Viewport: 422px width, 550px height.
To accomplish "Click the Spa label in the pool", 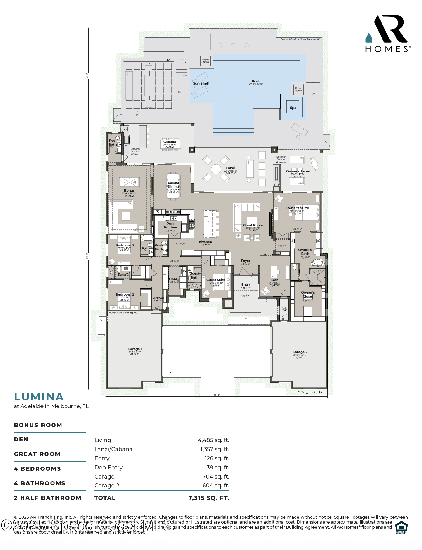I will (293, 108).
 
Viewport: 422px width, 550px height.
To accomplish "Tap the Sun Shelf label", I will (201, 83).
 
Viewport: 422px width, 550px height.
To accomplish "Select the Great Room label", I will (253, 225).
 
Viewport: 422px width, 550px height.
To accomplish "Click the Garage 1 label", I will (134, 349).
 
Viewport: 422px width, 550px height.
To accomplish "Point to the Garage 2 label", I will (300, 352).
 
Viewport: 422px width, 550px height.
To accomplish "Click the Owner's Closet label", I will (308, 294).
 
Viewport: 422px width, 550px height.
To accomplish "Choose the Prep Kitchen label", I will (170, 225).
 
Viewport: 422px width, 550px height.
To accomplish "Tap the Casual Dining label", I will (173, 185).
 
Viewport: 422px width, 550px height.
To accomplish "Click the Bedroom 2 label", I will (125, 294).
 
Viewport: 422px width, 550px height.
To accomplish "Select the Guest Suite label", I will (216, 280).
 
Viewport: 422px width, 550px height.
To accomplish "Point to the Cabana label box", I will (170, 144).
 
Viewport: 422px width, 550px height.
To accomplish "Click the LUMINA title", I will (39, 397).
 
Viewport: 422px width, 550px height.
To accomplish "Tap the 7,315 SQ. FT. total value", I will (209, 498).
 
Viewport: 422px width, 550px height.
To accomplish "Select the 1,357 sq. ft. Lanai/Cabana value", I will (214, 449).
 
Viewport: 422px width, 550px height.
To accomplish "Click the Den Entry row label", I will (108, 468).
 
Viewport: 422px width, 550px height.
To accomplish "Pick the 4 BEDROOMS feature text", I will (37, 469).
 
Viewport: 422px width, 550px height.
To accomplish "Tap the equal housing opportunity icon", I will (401, 527).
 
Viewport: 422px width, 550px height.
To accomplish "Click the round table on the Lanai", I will (216, 169).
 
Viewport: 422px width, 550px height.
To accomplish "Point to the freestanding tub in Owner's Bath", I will (318, 263).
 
